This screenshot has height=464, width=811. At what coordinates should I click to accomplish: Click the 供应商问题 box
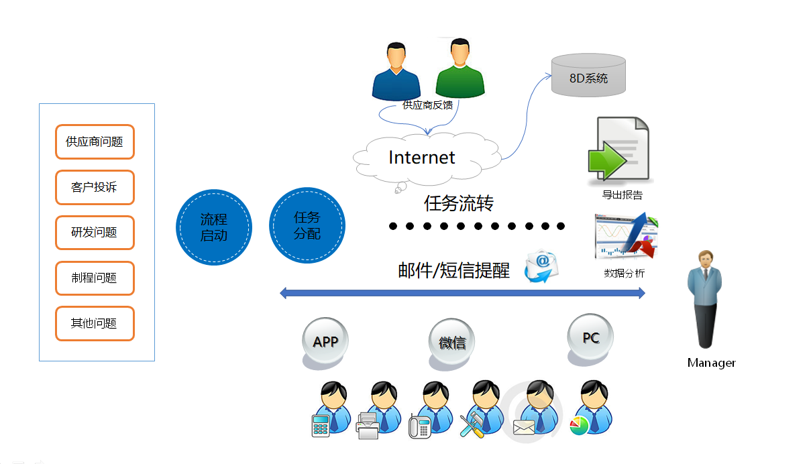pyautogui.click(x=95, y=141)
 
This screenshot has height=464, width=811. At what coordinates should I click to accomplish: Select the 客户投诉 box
pyautogui.click(x=95, y=187)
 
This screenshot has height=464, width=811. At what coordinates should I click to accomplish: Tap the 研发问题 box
pyautogui.click(x=95, y=233)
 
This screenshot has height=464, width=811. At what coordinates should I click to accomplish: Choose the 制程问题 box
pyautogui.click(x=95, y=278)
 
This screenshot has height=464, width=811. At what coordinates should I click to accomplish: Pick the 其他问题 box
pyautogui.click(x=95, y=323)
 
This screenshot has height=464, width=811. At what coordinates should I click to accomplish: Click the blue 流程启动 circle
pyautogui.click(x=214, y=227)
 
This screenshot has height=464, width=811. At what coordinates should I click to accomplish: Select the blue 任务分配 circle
pyautogui.click(x=307, y=225)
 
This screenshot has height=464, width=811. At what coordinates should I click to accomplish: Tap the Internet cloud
pyautogui.click(x=423, y=158)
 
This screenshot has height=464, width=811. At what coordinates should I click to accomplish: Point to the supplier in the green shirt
pyautogui.click(x=459, y=70)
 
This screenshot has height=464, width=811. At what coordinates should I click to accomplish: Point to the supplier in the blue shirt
pyautogui.click(x=396, y=72)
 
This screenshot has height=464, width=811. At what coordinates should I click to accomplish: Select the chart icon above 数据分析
pyautogui.click(x=625, y=237)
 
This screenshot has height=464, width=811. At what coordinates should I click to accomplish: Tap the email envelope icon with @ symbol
pyautogui.click(x=541, y=266)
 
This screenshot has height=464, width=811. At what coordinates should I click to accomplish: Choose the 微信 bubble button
pyautogui.click(x=452, y=342)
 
